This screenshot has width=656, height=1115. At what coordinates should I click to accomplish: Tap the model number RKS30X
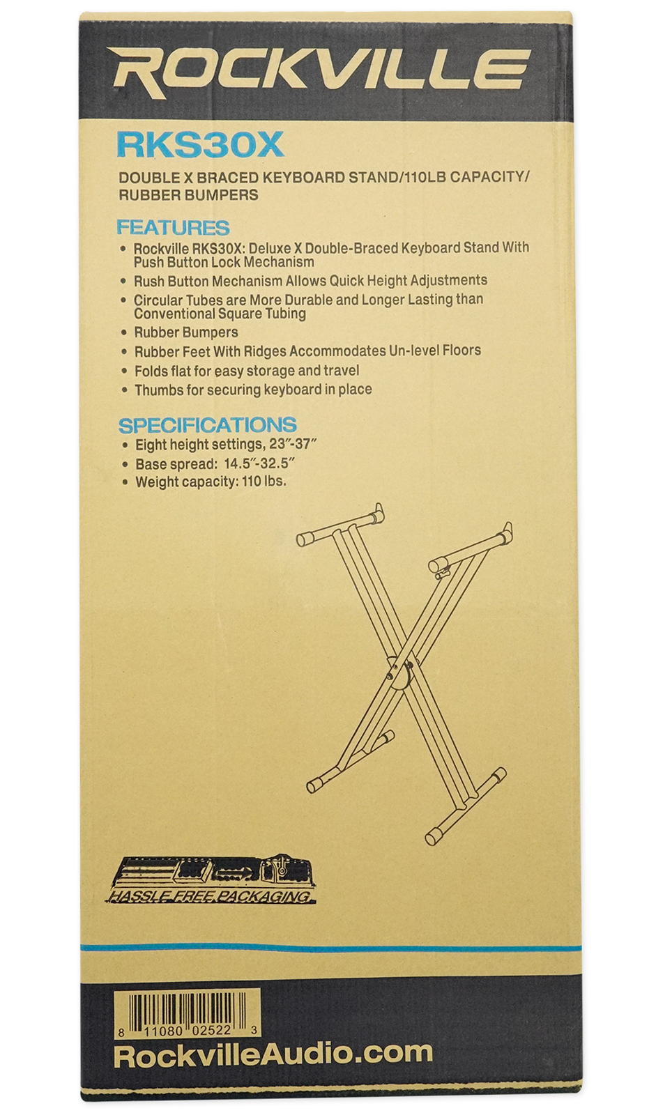click(200, 144)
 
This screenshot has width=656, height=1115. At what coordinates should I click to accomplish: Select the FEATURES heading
click(173, 227)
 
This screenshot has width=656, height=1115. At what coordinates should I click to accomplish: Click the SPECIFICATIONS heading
click(207, 424)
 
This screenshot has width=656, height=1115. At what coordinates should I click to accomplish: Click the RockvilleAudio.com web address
click(273, 1054)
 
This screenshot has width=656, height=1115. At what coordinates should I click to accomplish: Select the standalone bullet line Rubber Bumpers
click(186, 332)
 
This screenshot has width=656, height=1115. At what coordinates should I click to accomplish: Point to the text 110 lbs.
click(264, 482)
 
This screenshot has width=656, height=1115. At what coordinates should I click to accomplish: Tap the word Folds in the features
click(151, 371)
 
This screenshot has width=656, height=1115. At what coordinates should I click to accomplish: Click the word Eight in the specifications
click(151, 445)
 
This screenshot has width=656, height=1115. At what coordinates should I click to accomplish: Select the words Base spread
click(176, 463)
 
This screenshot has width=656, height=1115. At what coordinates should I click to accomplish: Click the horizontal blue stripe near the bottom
click(330, 948)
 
